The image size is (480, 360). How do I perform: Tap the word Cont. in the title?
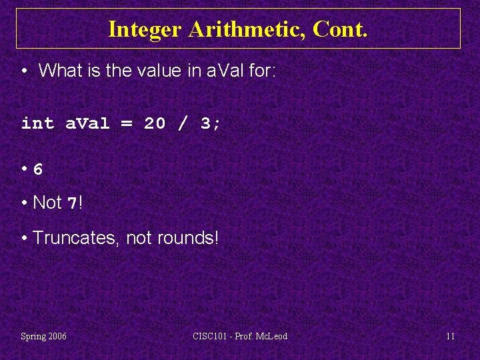(340, 29)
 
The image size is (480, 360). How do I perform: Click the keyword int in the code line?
(37, 123)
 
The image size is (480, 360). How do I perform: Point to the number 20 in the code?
(155, 123)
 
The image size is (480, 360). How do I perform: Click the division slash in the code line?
(183, 123)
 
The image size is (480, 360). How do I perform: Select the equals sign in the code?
(127, 123)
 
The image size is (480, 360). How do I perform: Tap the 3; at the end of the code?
(211, 123)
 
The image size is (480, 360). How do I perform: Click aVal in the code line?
(87, 123)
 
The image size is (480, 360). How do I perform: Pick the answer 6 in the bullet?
(38, 169)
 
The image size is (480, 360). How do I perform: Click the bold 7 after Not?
(73, 203)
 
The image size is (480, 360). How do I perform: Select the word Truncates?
(76, 237)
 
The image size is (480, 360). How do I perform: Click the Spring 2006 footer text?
(43, 336)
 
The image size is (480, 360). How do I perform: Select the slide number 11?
(450, 336)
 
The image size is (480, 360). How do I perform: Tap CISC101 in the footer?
(210, 336)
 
